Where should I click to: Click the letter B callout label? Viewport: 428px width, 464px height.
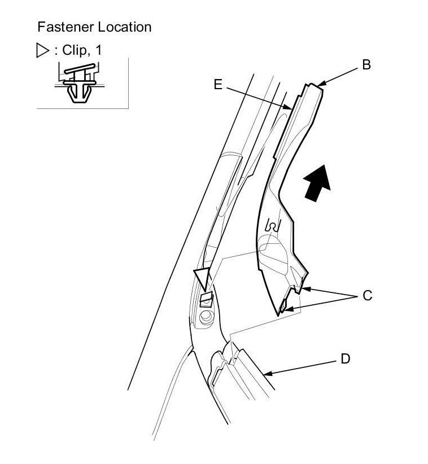(366, 65)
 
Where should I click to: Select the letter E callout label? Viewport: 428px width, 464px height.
(219, 84)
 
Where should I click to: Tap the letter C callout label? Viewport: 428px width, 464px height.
(368, 295)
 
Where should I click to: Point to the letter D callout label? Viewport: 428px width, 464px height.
(346, 358)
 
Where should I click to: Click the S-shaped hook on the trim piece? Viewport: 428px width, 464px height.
(273, 226)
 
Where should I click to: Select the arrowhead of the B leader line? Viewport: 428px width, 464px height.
(320, 85)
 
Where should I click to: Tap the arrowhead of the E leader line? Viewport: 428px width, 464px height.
(289, 107)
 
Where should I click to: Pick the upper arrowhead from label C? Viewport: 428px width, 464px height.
(303, 290)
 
